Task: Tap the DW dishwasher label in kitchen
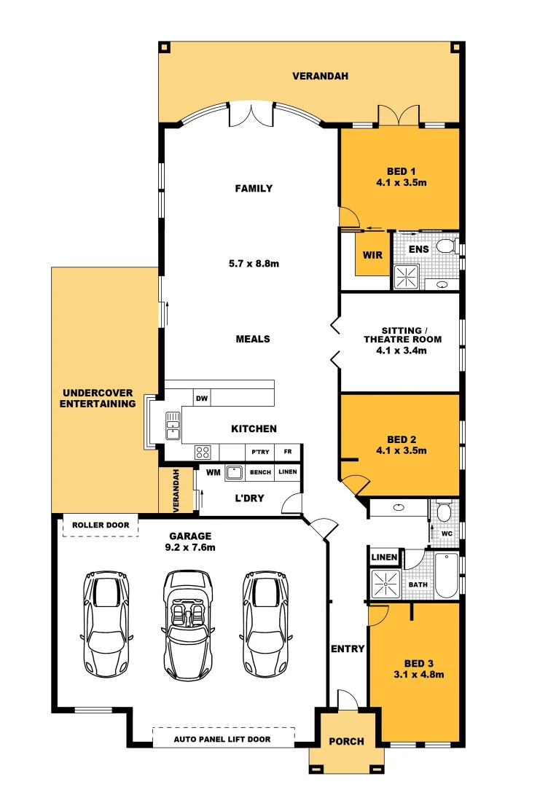(202, 398)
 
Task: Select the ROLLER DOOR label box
(101, 525)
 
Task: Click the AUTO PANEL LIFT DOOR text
(222, 740)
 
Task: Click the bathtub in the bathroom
(445, 576)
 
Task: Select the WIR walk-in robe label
(372, 256)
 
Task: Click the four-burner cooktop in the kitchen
(203, 452)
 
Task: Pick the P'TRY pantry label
(260, 452)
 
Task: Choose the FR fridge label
(288, 452)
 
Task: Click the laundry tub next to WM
(234, 472)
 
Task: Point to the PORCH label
(346, 742)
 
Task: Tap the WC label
(447, 533)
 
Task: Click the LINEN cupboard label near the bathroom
(384, 557)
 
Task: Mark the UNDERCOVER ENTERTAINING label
(98, 399)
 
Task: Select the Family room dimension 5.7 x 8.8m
(254, 263)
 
